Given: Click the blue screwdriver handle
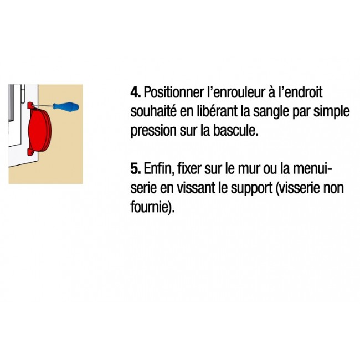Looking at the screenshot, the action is tap(66, 106).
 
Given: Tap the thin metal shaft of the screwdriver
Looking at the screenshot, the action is tap(44, 106).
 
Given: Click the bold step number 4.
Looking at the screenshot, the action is tap(136, 92).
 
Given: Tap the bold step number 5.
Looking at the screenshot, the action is tap(136, 168).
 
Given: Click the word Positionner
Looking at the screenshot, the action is tap(174, 92).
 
